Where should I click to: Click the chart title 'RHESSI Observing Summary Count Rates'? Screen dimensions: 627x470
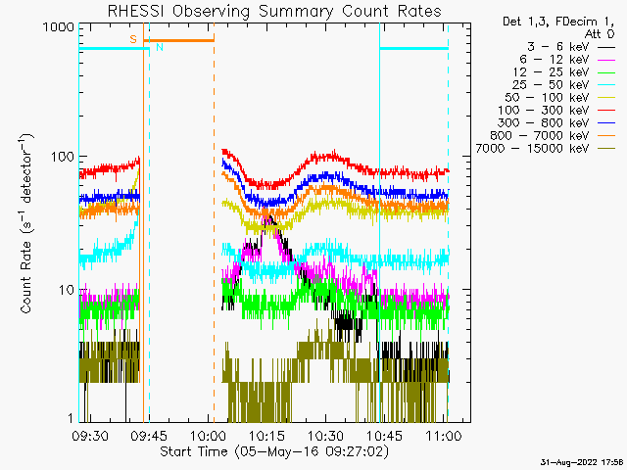(x=274, y=11)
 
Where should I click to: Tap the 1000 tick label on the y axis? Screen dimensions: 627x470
(x=59, y=27)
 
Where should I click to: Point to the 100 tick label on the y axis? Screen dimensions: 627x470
(x=63, y=157)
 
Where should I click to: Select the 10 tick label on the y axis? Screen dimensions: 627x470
(x=67, y=290)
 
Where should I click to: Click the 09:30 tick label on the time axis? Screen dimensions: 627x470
(x=90, y=436)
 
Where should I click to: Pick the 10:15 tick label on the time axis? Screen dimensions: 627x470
(x=266, y=436)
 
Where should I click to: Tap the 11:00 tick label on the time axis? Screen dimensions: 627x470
(x=444, y=436)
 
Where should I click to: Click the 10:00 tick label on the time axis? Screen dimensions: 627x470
(x=208, y=436)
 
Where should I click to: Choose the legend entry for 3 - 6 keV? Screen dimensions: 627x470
(x=570, y=47)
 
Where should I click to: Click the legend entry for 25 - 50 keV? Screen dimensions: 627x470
(x=563, y=85)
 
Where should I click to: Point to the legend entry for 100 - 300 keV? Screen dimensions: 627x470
(x=556, y=111)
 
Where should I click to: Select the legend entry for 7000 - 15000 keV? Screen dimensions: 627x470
(x=545, y=149)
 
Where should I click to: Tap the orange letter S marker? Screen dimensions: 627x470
(x=133, y=39)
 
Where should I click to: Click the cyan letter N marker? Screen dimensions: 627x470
(x=160, y=47)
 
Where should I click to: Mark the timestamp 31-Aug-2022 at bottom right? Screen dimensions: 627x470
(x=581, y=463)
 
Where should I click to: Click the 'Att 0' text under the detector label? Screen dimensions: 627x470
(x=599, y=34)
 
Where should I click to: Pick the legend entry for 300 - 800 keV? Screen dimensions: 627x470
(x=556, y=123)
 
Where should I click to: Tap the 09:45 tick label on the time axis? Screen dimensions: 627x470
(x=149, y=436)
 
